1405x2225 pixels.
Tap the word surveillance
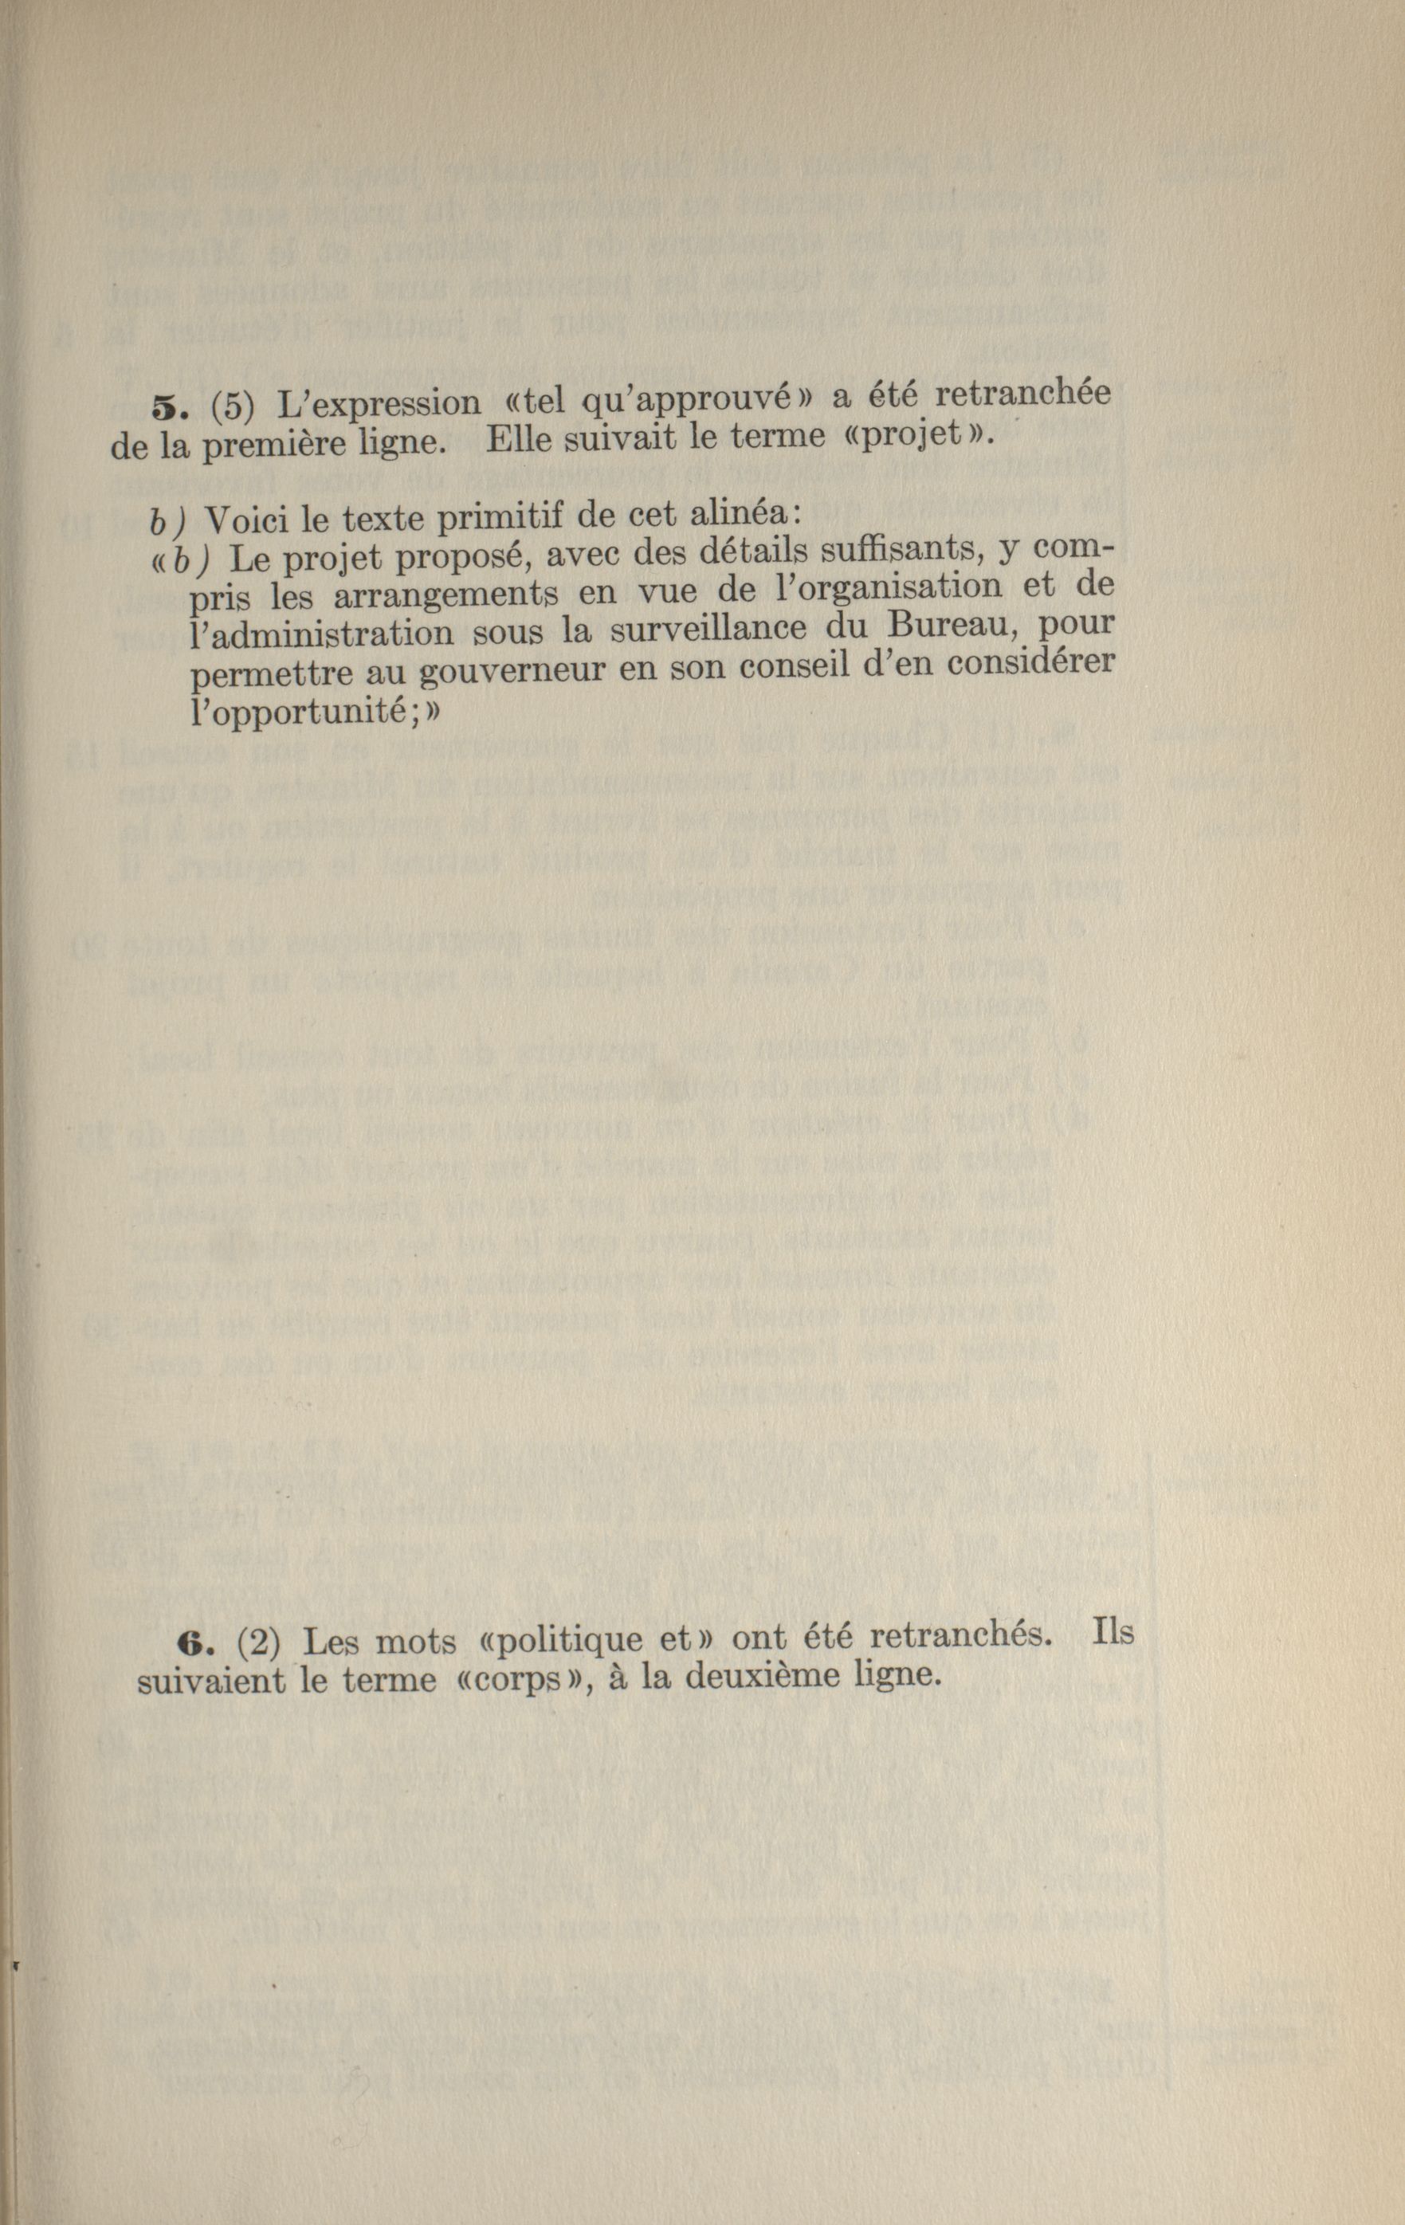coord(716,631)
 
